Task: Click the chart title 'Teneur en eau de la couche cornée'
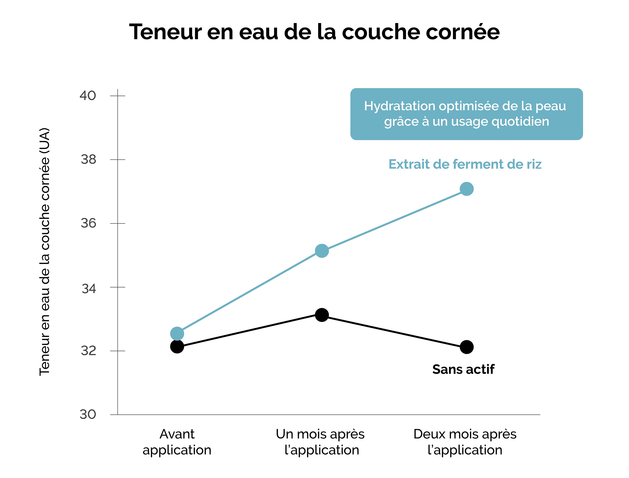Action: click(314, 32)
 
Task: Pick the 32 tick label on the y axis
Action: click(88, 351)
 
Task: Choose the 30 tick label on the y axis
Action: click(88, 414)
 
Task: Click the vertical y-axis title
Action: click(45, 252)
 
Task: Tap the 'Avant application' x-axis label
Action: click(177, 442)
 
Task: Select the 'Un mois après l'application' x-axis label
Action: click(321, 442)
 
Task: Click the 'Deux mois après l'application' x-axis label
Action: click(465, 442)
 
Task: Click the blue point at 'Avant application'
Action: click(177, 333)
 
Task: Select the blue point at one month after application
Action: click(322, 251)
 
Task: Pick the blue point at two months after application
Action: click(467, 189)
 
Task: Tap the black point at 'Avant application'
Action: click(177, 347)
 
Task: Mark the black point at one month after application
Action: click(322, 315)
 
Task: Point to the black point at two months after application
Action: click(467, 347)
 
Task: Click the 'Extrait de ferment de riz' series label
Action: click(465, 164)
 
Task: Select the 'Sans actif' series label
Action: click(463, 369)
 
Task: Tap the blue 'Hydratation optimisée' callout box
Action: click(467, 114)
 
